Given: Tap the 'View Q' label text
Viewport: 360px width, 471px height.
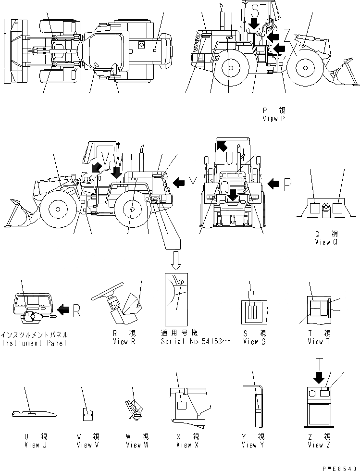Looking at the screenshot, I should [329, 242].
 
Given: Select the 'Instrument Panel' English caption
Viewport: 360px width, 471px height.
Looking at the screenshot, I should [34, 342].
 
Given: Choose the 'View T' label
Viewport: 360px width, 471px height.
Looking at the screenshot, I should [319, 341].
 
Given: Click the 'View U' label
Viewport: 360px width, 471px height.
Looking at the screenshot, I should [36, 445].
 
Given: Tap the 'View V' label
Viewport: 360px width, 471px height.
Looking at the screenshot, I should [88, 445].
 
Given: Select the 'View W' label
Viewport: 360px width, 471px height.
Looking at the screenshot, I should [137, 445].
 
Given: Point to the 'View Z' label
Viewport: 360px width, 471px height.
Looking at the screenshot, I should [319, 445].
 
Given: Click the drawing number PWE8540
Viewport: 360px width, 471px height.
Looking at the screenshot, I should [342, 466].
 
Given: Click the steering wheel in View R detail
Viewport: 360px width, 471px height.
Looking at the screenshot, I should [107, 289].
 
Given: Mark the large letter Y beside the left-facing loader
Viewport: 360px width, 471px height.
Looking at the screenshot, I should [193, 182].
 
